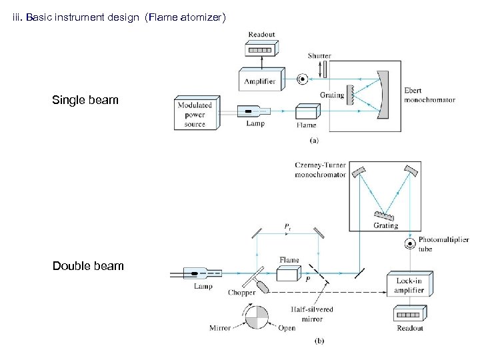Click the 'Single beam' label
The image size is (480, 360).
[85, 100]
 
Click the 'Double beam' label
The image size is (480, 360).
[87, 266]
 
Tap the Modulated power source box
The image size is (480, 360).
[195, 114]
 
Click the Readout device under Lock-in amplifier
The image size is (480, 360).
[408, 314]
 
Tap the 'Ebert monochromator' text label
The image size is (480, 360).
[429, 95]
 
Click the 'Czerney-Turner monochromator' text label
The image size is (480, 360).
[321, 170]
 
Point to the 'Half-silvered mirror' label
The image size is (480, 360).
[311, 314]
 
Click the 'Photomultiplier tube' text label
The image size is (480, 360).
[443, 244]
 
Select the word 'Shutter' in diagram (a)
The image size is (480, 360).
[319, 56]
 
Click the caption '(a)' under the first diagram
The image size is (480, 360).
[314, 141]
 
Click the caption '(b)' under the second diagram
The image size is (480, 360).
[319, 341]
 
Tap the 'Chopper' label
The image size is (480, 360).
[241, 293]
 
